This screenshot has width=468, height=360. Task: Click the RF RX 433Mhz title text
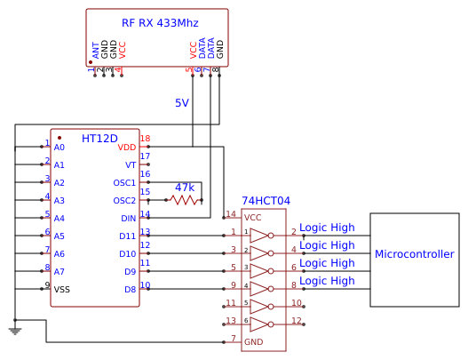(160, 23)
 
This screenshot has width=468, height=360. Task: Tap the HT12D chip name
(99, 139)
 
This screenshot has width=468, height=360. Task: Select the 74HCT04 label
(266, 201)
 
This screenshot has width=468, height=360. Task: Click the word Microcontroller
(415, 254)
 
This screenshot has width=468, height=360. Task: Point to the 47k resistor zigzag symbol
(185, 200)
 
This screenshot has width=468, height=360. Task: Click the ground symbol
(15, 331)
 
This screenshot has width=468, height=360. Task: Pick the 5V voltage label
(182, 103)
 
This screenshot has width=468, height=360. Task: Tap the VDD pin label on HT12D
(127, 148)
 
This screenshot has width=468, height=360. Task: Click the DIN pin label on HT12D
(129, 219)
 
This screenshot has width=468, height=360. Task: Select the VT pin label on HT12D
(131, 165)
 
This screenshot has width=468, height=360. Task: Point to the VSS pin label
(62, 290)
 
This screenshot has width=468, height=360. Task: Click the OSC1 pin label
(124, 183)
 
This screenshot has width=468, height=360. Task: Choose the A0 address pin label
(59, 148)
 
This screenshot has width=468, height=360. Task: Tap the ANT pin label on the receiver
(96, 51)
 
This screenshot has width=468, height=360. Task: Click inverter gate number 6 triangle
(258, 324)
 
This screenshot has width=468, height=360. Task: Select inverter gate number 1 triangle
(258, 236)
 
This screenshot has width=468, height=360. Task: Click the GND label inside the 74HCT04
(254, 341)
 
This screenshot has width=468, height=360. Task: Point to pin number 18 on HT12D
(145, 139)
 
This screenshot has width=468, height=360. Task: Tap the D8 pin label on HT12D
(131, 290)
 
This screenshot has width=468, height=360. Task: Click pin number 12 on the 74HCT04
(297, 321)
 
